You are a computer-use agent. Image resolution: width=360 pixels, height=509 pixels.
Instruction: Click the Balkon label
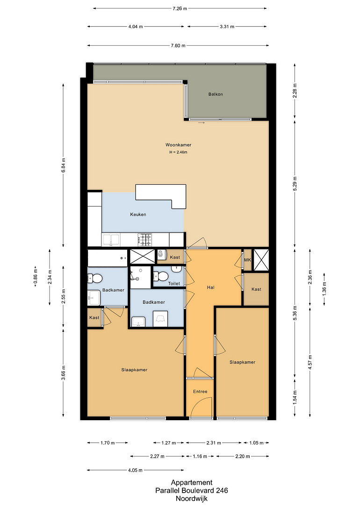click(x=216, y=94)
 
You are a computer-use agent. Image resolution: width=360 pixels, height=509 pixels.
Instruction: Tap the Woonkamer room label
click(x=178, y=145)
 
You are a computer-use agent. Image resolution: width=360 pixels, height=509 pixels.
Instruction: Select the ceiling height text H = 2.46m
click(x=178, y=152)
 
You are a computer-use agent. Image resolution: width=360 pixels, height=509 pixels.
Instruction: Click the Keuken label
click(x=138, y=214)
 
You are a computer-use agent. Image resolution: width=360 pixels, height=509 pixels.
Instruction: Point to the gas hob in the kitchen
click(x=145, y=240)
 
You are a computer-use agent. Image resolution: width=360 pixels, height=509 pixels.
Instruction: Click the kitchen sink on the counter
click(x=111, y=240)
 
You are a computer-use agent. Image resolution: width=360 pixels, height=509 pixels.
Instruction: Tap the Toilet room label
click(x=174, y=283)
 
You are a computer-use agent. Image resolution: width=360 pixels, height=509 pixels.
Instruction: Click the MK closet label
click(x=247, y=260)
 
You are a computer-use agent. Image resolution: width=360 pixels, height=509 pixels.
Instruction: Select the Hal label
click(x=211, y=287)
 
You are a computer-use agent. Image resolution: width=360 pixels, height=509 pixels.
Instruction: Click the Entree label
click(x=200, y=392)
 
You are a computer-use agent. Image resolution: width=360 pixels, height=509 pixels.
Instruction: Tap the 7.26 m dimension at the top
click(x=180, y=8)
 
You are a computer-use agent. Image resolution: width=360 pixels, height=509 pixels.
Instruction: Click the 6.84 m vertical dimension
click(x=63, y=165)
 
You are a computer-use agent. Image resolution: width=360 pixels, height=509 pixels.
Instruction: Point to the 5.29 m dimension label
click(x=295, y=184)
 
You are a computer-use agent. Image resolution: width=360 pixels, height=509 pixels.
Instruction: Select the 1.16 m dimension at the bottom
click(x=200, y=456)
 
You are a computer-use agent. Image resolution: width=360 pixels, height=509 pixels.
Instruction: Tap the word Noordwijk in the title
click(x=192, y=499)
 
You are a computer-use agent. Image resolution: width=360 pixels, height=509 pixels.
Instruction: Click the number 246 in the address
click(x=223, y=490)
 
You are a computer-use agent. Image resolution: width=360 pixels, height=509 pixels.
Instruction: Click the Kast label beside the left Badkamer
click(x=94, y=317)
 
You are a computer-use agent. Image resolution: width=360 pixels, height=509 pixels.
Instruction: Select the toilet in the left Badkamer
click(x=95, y=279)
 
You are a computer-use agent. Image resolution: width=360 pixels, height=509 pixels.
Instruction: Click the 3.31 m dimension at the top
click(x=227, y=27)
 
